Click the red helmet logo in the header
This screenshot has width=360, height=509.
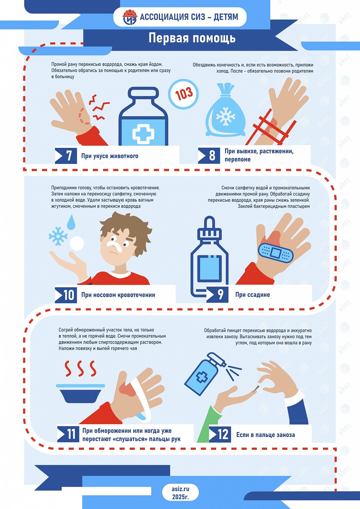[130, 17]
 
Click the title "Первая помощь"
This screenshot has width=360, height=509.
[192, 38]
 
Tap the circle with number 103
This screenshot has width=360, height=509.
[183, 94]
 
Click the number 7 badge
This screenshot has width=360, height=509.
[66, 156]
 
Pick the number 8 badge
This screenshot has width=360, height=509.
[209, 156]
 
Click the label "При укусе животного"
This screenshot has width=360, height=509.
[110, 156]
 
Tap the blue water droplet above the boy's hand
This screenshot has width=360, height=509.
[71, 222]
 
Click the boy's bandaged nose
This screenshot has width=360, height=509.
[114, 246]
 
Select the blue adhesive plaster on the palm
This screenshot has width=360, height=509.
[275, 253]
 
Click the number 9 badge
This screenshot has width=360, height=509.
[217, 295]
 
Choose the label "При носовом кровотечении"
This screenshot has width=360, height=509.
[118, 295]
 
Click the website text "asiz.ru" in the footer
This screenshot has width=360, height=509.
[180, 489]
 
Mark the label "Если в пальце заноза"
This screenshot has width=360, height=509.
[265, 435]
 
